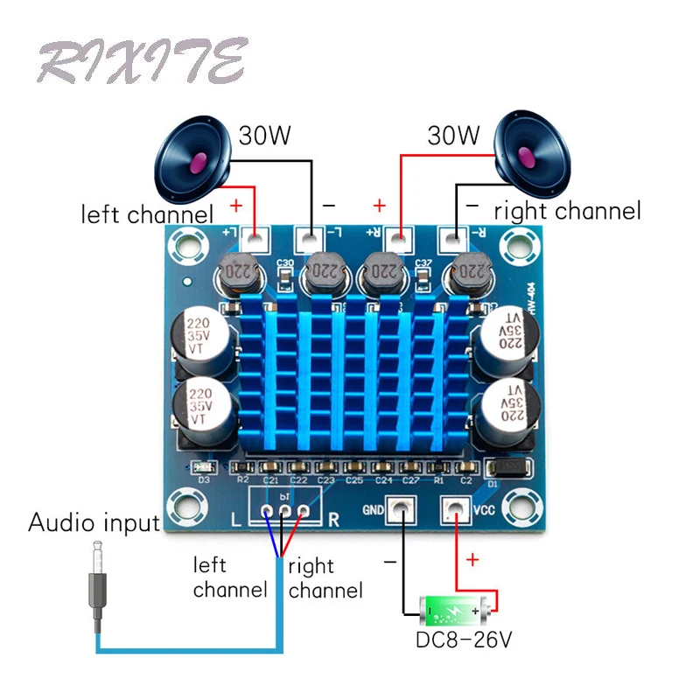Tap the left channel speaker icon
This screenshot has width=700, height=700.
193,160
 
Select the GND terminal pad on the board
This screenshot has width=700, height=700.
400,507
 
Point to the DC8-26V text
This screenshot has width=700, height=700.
463,640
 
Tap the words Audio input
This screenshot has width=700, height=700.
94,523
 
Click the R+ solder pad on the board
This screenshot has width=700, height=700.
400,236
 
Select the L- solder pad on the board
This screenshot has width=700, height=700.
308,236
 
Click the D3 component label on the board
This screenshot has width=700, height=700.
203,479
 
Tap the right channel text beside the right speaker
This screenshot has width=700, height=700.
567,211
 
